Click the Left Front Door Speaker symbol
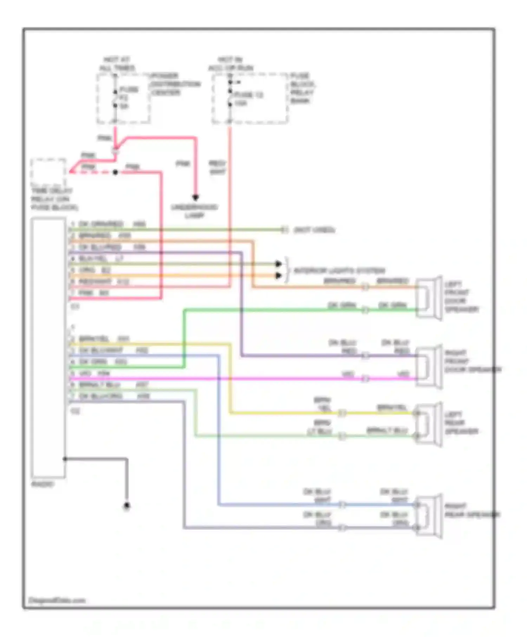tap(429, 298)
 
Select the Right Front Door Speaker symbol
tap(429, 367)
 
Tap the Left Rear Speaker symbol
tap(429, 424)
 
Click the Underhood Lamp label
tap(194, 211)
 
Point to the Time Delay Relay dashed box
tap(48, 172)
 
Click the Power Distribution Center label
tap(175, 84)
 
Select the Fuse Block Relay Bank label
tap(302, 88)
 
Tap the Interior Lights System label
tap(339, 271)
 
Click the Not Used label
tap(314, 230)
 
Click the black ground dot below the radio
tap(127, 506)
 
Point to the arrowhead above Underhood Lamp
tap(195, 198)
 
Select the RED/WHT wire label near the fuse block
tap(217, 168)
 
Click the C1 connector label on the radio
tap(75, 307)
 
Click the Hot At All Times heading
tap(117, 64)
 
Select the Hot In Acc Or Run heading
tap(230, 64)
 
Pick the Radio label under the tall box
tap(43, 484)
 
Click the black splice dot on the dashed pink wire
tap(115, 172)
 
